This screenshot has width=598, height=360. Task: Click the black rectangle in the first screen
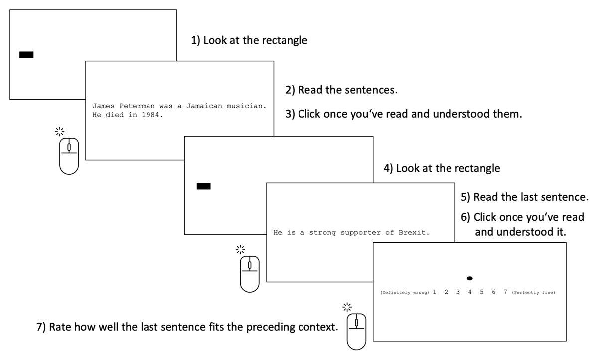tap(26, 55)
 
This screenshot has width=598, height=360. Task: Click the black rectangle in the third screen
tap(203, 186)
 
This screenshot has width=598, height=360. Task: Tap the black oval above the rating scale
tap(469, 278)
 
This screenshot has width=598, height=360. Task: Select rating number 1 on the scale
tap(435, 292)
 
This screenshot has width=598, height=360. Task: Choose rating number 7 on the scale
tap(505, 292)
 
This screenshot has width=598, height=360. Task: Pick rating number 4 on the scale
tap(469, 292)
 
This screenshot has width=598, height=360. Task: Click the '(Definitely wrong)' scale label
tap(405, 292)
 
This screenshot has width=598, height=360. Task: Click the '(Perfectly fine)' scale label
tap(533, 292)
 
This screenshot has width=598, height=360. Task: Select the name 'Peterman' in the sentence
tap(137, 106)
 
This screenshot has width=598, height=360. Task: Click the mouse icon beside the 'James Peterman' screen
tap(69, 156)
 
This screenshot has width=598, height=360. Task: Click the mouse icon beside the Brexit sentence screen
tap(250, 274)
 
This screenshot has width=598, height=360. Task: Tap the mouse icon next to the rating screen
tap(356, 332)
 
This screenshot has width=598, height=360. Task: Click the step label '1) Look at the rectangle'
tap(249, 40)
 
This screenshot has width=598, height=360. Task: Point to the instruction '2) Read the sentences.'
tap(341, 90)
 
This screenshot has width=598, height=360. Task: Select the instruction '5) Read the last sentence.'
tap(525, 197)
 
